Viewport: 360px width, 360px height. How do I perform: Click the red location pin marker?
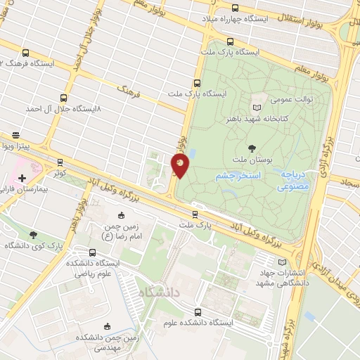(x=180, y=166)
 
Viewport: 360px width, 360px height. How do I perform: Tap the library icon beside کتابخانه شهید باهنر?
(x=256, y=106)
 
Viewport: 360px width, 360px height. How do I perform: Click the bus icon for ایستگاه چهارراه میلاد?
(x=235, y=8)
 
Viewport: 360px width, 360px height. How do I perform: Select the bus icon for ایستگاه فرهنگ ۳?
(x=26, y=53)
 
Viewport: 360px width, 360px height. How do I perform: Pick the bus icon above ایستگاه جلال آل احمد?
(x=64, y=98)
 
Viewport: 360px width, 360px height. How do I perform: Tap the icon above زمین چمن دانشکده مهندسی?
(x=106, y=326)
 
